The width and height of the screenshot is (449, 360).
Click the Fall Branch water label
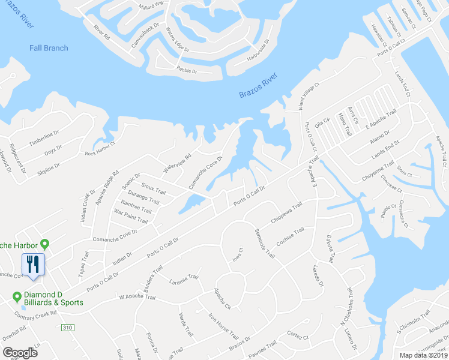pyautogui.click(x=49, y=48)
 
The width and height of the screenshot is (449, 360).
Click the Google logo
pyautogui.click(x=20, y=352)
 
